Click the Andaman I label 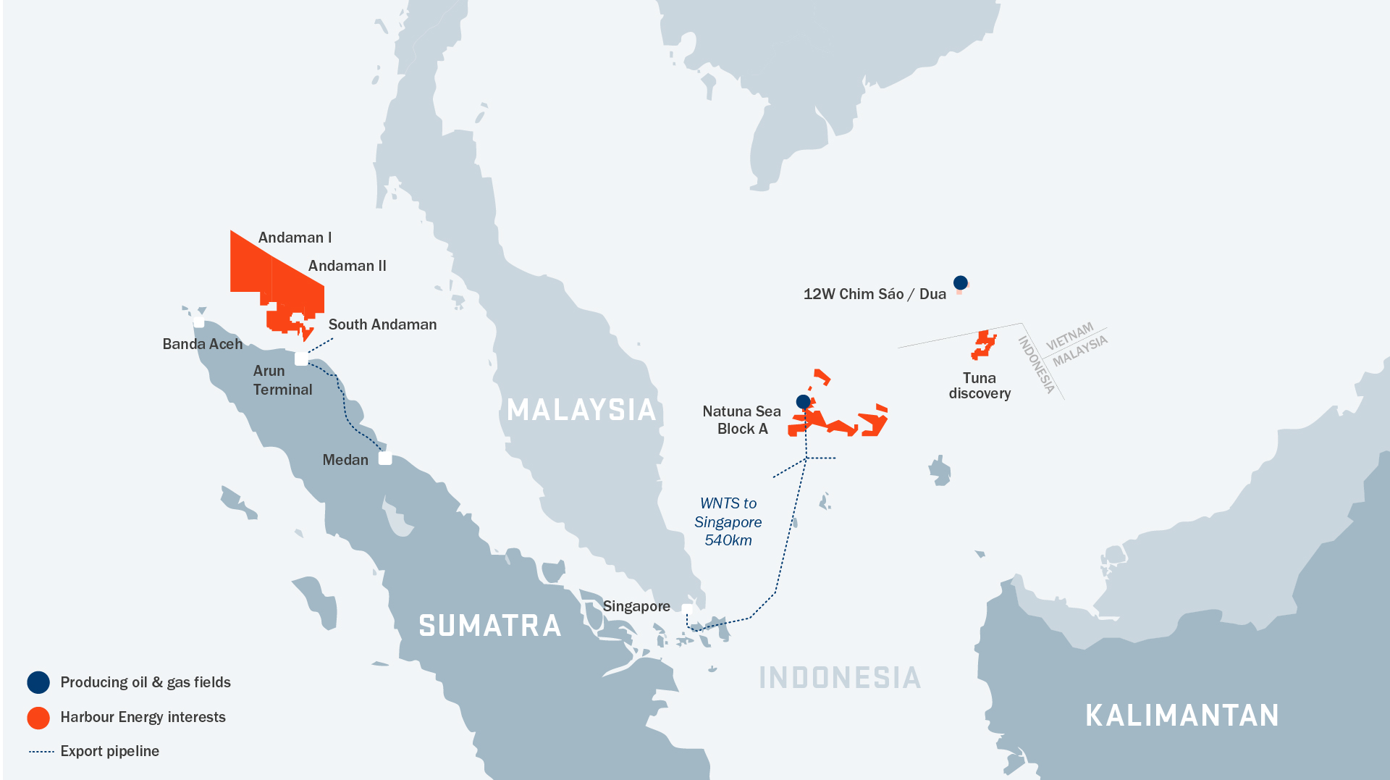tap(295, 238)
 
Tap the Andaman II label tap(347, 266)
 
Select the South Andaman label tap(382, 324)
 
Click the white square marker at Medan tap(385, 458)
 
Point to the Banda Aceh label tap(202, 344)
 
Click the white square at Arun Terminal tap(301, 358)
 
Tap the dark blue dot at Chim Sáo tap(960, 282)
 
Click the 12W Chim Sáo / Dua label tap(875, 294)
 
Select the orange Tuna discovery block tap(982, 345)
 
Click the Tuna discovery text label tap(980, 386)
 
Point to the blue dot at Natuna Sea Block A tap(803, 401)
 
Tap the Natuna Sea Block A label tap(741, 420)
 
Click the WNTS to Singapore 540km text tap(728, 521)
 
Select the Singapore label tap(636, 606)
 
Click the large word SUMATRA tap(490, 626)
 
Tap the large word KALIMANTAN tap(1181, 716)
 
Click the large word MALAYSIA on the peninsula tap(581, 410)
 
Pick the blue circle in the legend tap(38, 682)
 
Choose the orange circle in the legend tap(38, 717)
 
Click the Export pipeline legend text tap(109, 751)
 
